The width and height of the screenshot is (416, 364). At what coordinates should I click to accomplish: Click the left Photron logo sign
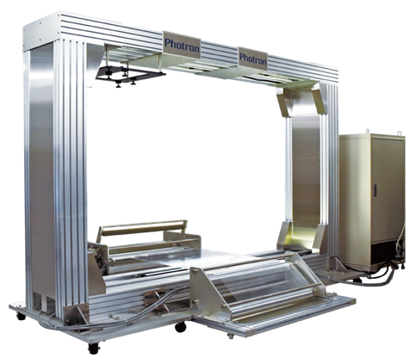pyautogui.click(x=182, y=45)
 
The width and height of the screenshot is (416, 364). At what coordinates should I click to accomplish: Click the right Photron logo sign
pyautogui.click(x=253, y=59)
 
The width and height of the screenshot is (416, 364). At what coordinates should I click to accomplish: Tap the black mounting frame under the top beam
pyautogui.click(x=129, y=75)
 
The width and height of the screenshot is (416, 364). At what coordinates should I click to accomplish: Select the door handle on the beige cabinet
pyautogui.click(x=375, y=190)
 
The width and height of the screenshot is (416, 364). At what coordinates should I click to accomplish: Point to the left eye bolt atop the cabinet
pyautogui.click(x=367, y=132)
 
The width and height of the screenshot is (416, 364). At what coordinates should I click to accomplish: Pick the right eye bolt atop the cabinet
pyautogui.click(x=399, y=133)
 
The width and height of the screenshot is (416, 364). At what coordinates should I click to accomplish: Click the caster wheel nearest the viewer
pyautogui.click(x=94, y=348)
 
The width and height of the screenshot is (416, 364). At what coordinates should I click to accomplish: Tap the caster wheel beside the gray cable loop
pyautogui.click(x=21, y=316)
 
